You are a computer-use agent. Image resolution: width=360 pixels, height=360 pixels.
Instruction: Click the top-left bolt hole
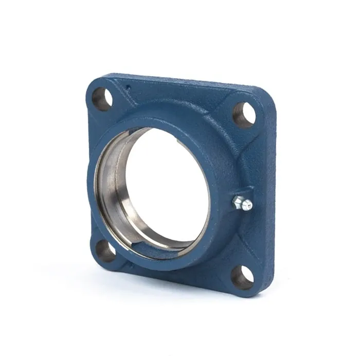[x=101, y=99]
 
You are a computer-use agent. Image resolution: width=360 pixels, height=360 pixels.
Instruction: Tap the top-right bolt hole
[x=244, y=114]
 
